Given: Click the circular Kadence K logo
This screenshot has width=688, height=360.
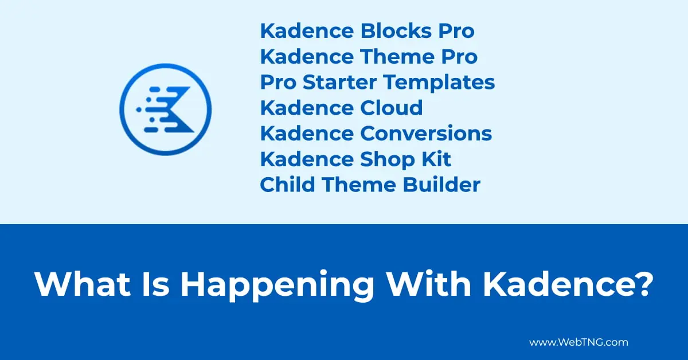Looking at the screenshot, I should tap(165, 108).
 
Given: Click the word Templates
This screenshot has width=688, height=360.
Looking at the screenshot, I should tap(439, 83).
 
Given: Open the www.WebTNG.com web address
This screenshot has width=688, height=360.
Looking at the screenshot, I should tap(578, 342).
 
